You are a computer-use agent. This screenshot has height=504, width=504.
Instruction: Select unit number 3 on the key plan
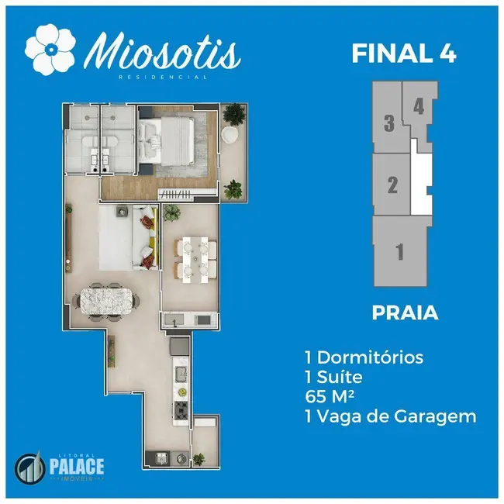coord(389,123)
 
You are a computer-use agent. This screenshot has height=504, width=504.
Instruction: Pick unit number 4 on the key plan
coord(419,106)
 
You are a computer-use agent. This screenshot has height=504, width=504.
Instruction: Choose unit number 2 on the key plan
coord(392,185)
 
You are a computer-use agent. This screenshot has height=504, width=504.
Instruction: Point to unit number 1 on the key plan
coord(399,251)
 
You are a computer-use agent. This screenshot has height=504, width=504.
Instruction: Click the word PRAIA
coord(405,314)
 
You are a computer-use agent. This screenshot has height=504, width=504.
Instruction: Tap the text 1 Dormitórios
coord(364,358)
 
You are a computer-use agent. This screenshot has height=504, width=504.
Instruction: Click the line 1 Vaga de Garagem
coord(390,417)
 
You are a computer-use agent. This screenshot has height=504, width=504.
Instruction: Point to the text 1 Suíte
coord(333,378)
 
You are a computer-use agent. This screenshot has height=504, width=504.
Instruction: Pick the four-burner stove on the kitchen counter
coord(181,409)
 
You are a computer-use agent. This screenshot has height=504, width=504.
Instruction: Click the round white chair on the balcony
coord(231,134)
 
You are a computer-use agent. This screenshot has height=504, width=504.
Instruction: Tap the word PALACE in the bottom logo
coord(77,467)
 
